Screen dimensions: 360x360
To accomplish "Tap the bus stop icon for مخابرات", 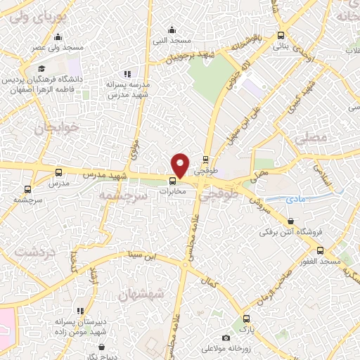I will (173, 180).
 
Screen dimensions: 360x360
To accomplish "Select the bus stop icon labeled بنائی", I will (281, 35).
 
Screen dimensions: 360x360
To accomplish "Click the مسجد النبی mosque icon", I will (172, 29).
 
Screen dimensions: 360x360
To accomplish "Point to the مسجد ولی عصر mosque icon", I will (58, 37).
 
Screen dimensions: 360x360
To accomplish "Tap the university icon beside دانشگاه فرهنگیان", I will (42, 69).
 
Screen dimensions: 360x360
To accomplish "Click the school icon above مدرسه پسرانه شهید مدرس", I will (127, 74).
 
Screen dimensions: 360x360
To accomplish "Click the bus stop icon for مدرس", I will (58, 172).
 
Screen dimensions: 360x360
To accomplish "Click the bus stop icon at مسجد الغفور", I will (321, 250).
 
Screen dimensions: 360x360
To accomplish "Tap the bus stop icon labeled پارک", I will (245, 319).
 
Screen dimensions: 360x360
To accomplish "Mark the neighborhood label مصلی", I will (313, 140).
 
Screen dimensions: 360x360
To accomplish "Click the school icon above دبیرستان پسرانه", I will (81, 310).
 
